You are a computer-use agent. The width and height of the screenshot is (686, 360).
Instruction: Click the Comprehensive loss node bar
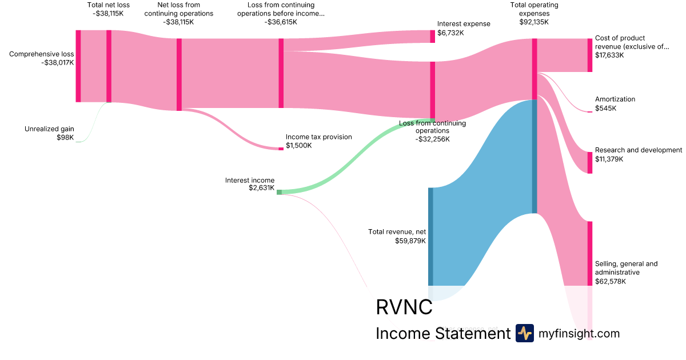(78, 66)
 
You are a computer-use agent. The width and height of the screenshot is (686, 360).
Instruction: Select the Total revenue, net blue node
(430, 235)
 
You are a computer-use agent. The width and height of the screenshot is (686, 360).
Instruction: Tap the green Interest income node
(279, 192)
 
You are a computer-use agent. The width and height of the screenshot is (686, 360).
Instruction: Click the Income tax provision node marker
(281, 149)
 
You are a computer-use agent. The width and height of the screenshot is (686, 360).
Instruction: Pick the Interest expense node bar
(433, 36)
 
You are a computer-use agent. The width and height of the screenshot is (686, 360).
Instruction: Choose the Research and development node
(590, 162)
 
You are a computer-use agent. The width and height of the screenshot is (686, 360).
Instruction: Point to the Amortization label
(615, 99)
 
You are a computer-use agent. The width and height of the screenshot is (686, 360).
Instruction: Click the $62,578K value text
(610, 281)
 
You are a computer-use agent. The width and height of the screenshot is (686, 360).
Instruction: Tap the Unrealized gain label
(49, 129)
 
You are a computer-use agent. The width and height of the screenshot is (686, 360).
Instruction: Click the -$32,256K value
(432, 139)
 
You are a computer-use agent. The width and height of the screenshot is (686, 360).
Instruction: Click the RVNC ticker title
(404, 307)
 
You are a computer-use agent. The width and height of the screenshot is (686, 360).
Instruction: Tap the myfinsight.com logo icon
(524, 333)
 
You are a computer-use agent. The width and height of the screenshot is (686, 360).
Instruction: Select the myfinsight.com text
(579, 333)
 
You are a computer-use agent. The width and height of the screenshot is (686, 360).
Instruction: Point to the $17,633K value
(609, 55)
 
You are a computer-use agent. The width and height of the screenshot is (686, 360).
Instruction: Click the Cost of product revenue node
(590, 55)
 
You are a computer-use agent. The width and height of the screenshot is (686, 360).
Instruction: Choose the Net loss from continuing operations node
(179, 74)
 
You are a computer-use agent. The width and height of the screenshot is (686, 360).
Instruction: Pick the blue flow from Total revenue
(483, 189)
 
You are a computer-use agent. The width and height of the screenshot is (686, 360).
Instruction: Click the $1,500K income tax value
(298, 146)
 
